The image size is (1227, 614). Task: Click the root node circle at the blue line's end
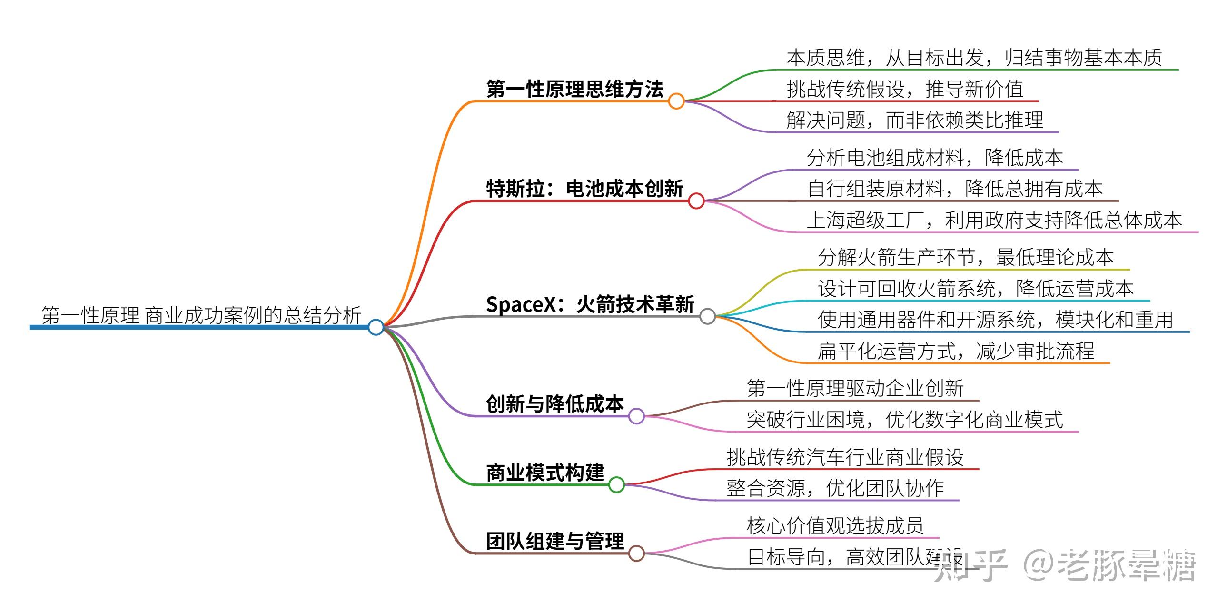coord(376,327)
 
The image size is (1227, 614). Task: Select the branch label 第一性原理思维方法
coord(575,89)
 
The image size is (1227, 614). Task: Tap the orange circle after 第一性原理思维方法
coord(676,101)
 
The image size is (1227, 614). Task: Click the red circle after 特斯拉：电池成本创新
coord(696,201)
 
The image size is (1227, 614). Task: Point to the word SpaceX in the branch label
coord(521,304)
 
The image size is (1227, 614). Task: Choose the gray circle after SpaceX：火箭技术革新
coord(708,316)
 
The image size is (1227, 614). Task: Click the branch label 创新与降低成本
coord(555,404)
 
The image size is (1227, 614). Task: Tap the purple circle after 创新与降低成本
coord(636,416)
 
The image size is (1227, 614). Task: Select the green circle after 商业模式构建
coord(616,484)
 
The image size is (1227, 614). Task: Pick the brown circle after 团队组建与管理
coord(636,553)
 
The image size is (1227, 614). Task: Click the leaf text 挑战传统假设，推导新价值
coord(905,89)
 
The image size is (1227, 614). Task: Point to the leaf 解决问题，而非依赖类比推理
coord(915,120)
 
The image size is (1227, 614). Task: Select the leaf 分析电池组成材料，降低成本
coord(935,158)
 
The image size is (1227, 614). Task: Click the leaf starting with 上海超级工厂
coord(995,220)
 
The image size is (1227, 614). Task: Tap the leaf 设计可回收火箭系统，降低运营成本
coord(976,289)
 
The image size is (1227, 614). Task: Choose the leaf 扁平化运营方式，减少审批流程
coord(956,352)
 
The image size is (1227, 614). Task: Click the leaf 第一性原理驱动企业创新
coord(855,389)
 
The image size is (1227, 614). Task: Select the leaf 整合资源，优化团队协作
coord(835,488)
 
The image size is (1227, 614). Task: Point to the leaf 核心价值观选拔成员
coord(835,526)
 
